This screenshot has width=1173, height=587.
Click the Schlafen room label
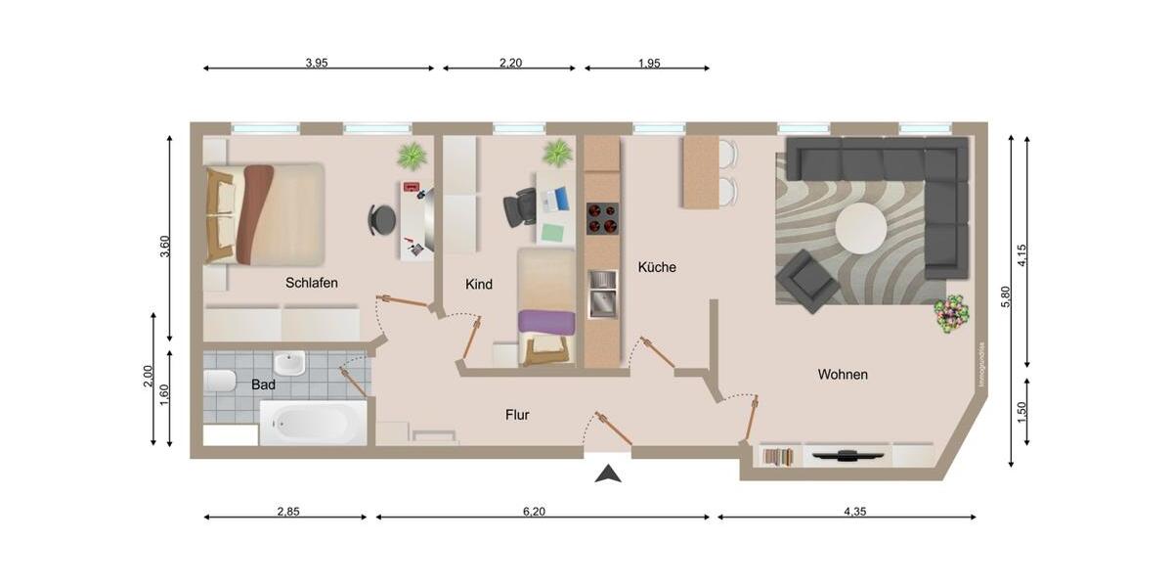(x=312, y=283)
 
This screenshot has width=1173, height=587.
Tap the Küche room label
(x=657, y=267)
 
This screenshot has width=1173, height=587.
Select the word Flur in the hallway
(x=517, y=415)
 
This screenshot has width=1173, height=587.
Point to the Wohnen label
(x=843, y=374)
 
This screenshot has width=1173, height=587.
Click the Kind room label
(x=479, y=284)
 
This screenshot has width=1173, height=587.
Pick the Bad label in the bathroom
(x=263, y=384)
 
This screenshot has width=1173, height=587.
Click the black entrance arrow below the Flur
(x=609, y=474)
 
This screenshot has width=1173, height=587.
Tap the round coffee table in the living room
(x=861, y=228)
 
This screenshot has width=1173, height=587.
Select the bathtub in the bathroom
(x=313, y=424)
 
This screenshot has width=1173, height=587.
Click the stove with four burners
(x=602, y=218)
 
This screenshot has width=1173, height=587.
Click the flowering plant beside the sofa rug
(x=950, y=314)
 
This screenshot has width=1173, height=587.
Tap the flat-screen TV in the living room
(x=847, y=455)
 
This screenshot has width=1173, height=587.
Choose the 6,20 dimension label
(x=535, y=511)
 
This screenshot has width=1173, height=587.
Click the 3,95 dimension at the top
(x=316, y=63)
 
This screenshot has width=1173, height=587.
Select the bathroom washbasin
(x=289, y=364)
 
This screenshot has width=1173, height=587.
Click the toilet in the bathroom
(x=219, y=381)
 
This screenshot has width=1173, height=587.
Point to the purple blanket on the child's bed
(x=546, y=321)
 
